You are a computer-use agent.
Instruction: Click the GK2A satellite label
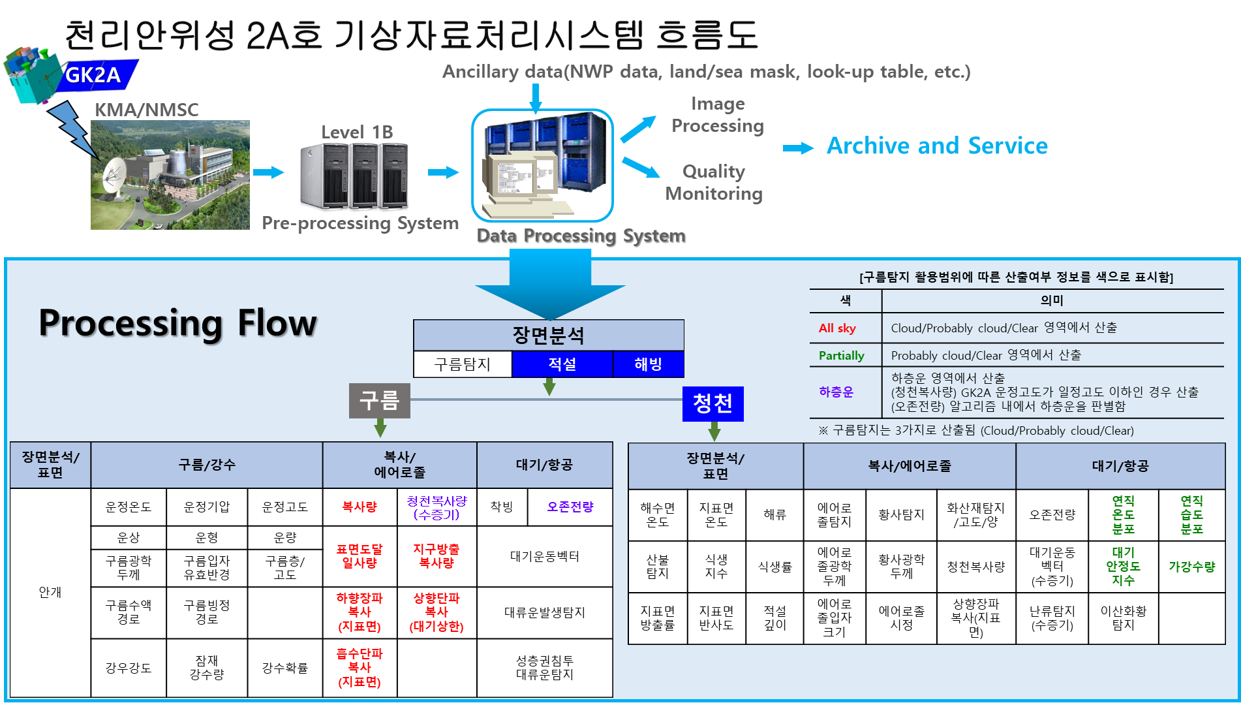(93, 75)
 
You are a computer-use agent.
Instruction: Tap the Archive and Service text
(937, 146)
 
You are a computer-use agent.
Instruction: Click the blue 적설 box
(562, 364)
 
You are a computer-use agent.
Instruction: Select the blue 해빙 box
(649, 364)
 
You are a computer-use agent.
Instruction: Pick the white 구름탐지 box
(463, 364)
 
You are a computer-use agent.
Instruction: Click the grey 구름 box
(380, 400)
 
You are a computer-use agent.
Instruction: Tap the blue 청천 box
(713, 403)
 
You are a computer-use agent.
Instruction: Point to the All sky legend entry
(837, 328)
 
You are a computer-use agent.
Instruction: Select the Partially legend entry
(842, 356)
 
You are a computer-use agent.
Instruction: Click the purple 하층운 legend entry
(836, 392)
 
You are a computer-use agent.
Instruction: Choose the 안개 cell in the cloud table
(50, 592)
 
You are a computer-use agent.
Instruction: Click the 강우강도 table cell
(129, 668)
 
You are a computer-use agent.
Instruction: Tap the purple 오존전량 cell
(570, 507)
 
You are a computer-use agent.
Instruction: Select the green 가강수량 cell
(1191, 567)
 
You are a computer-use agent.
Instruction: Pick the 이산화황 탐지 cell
(1123, 618)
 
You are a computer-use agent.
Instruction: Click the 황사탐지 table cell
(901, 514)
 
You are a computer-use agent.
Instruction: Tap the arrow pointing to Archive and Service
(798, 148)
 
